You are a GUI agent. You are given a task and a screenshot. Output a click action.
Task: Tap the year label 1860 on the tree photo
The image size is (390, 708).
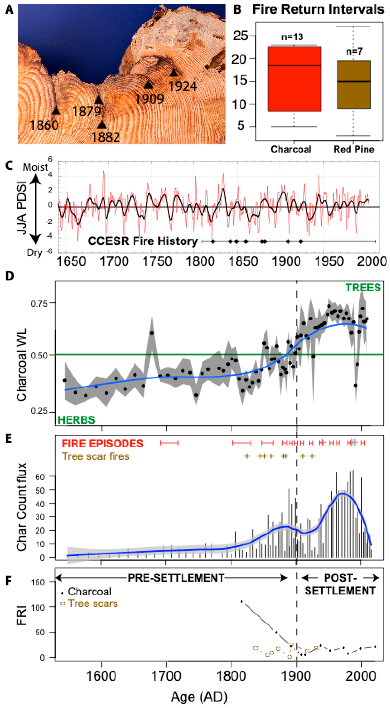pyautogui.click(x=44, y=125)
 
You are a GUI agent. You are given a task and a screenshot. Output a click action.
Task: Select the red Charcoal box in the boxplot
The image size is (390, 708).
pyautogui.click(x=294, y=79)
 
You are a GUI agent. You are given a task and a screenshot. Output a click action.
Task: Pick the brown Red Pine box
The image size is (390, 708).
pyautogui.click(x=354, y=85)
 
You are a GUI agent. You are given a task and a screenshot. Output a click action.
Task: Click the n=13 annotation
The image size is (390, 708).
pyautogui.click(x=292, y=37)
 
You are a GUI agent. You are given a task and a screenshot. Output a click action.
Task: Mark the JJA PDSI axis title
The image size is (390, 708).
pyautogui.click(x=21, y=208)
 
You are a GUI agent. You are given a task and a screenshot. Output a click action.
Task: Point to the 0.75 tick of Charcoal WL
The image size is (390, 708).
pyautogui.click(x=39, y=304)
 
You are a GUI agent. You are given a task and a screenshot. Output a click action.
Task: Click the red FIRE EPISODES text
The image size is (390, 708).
pyautogui.click(x=102, y=443)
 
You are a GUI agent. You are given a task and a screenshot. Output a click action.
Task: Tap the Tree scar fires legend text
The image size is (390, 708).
pyautogui.click(x=95, y=456)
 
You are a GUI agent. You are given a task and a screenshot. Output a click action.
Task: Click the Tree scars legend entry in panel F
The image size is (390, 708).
pyautogui.click(x=93, y=604)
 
